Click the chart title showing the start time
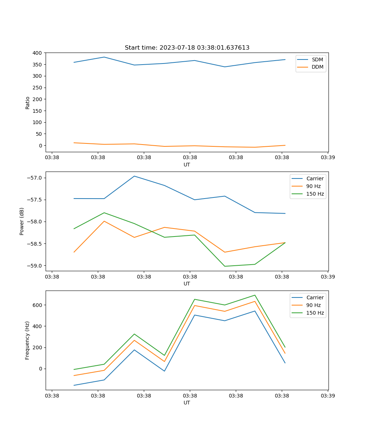click(x=187, y=48)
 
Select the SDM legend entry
click(x=317, y=59)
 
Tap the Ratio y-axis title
click(x=28, y=103)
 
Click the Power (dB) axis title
click(x=22, y=221)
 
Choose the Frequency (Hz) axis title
click(x=27, y=340)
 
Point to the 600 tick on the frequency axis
click(x=38, y=305)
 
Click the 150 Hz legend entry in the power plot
click(x=315, y=194)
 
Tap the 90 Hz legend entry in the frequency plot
click(x=314, y=305)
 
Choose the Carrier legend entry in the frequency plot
click(x=315, y=297)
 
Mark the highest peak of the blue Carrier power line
click(x=134, y=176)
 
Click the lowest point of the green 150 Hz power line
click(x=225, y=266)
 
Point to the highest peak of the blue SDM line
click(x=104, y=57)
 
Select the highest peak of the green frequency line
click(x=255, y=295)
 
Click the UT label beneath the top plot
click(x=187, y=165)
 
